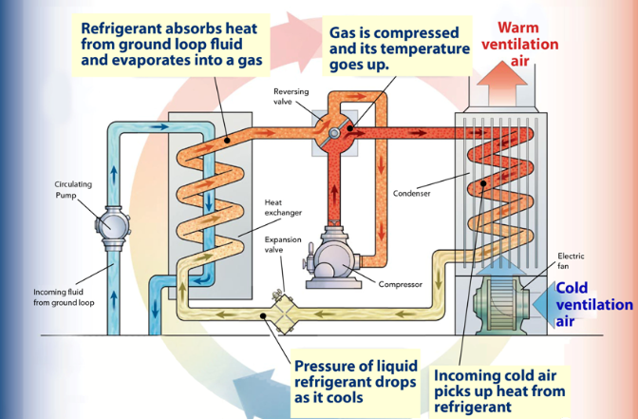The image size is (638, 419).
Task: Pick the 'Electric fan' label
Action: point(573,260)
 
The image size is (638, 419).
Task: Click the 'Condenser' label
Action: point(411,194)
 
